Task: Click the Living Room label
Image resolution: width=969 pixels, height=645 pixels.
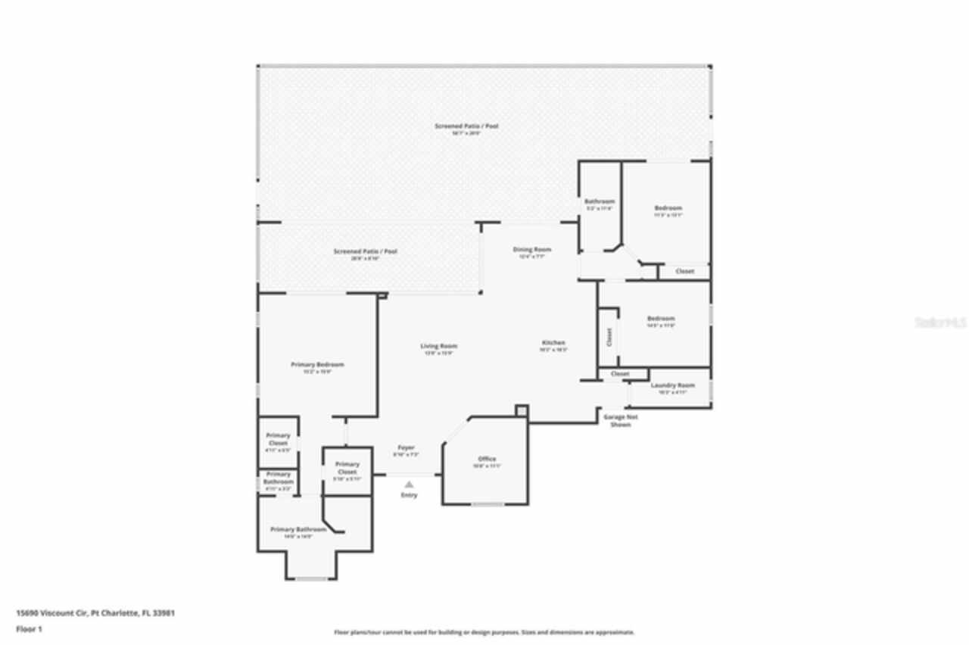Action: point(438,347)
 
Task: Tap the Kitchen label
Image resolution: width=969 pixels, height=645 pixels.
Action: point(553,343)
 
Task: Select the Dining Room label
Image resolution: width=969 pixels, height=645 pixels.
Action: point(532,250)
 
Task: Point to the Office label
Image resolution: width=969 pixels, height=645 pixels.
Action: point(487,460)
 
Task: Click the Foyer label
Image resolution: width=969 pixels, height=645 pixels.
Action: point(406,448)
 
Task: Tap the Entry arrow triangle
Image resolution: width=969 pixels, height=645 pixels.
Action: point(409,484)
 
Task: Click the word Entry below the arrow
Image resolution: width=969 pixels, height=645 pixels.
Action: point(409,495)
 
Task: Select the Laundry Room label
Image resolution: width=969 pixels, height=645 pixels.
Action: point(672,385)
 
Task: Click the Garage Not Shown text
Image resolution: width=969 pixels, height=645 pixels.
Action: point(620,420)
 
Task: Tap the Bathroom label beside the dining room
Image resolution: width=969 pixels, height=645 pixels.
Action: point(599,201)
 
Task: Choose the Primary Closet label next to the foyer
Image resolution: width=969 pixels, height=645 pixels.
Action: point(347,468)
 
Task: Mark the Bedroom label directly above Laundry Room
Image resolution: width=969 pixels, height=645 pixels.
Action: point(660,319)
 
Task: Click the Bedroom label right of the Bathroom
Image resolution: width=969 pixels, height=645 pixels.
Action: point(668,208)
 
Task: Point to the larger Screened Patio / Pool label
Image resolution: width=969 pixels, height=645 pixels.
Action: point(466,126)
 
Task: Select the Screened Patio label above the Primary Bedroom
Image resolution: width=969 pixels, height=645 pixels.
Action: point(365,251)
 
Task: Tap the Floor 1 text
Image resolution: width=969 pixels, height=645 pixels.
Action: point(30,629)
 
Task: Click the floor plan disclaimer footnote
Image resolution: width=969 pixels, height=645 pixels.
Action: point(484,632)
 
